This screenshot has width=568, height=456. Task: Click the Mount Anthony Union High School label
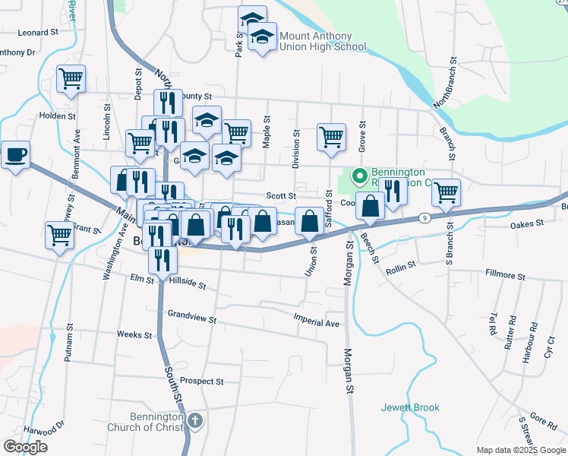click(323, 41)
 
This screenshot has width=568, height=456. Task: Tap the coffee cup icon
click(15, 157)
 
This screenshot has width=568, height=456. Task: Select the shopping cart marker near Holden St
click(71, 78)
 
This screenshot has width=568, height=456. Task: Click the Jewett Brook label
click(410, 408)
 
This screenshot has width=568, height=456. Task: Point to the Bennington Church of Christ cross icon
click(195, 420)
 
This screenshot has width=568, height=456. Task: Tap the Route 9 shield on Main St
click(422, 218)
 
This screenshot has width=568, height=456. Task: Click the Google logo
click(25, 447)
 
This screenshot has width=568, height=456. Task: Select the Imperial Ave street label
click(317, 323)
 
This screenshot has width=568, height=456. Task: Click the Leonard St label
click(38, 33)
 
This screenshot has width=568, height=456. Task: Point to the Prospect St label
click(202, 382)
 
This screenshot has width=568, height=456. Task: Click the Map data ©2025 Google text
click(520, 450)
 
